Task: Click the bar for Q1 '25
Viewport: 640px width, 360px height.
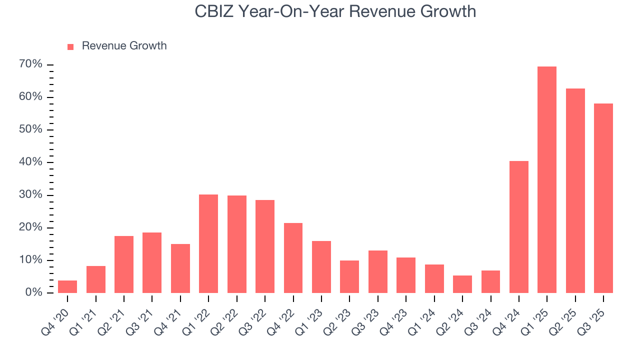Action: coord(547,179)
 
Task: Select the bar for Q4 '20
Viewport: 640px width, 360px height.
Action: coord(67,286)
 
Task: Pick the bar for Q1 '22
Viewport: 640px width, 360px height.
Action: coord(208,243)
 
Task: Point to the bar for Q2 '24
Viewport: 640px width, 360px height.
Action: coord(462,284)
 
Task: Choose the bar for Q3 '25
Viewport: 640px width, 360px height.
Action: coord(603,198)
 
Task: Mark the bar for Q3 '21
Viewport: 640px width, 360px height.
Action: coord(152,262)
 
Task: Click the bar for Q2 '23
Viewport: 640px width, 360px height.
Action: coord(349,276)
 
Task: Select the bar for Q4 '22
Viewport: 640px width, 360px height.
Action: coord(293,257)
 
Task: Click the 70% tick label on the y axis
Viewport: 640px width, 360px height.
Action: coord(31,64)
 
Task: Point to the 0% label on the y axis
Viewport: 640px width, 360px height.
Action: coord(33,292)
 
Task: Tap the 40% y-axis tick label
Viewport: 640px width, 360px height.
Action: coord(31,162)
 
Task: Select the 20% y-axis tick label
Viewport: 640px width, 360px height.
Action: coord(31,227)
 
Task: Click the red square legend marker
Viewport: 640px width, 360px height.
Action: coord(70,46)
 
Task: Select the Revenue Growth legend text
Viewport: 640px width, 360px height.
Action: coord(124,46)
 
